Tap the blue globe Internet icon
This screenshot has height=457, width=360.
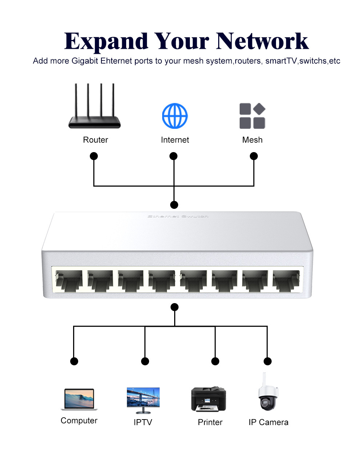[175, 116]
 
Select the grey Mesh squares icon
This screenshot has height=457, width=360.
[252, 116]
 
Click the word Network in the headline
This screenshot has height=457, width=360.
[262, 41]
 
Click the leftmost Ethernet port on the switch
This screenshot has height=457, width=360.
[68, 279]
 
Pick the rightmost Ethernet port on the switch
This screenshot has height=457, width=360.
[286, 279]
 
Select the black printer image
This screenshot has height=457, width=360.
[208, 399]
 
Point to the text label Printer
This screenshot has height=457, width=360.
[210, 422]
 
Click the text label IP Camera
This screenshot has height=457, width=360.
[268, 422]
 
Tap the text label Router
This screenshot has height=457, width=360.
[95, 140]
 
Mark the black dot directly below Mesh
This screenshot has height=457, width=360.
[254, 156]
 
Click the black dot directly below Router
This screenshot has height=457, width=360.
[94, 156]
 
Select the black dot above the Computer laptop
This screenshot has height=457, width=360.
[74, 361]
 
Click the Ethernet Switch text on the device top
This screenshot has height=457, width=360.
[178, 216]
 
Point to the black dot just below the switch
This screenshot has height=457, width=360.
[175, 307]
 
